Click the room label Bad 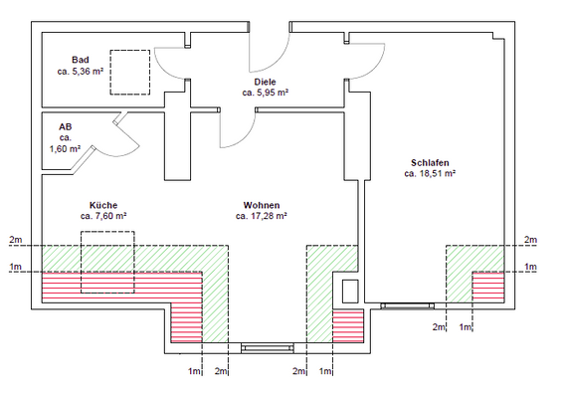click(x=80, y=60)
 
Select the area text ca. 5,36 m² click(x=80, y=71)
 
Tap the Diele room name click(x=265, y=82)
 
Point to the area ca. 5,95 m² click(x=265, y=93)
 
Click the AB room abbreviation click(x=66, y=127)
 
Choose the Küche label click(x=103, y=205)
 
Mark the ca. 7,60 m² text click(x=103, y=216)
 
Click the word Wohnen click(x=262, y=205)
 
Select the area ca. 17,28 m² click(x=262, y=216)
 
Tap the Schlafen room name click(x=430, y=162)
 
